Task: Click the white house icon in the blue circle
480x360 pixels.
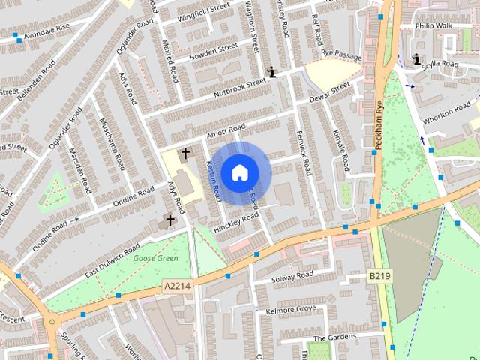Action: (239, 173)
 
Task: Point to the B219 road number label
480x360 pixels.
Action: (379, 276)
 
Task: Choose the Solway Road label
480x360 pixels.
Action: (292, 276)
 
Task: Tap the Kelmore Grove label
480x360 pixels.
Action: (291, 309)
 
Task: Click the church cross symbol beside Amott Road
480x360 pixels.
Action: (185, 154)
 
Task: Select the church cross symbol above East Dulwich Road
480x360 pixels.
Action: (171, 220)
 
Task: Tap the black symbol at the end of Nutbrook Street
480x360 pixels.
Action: (271, 72)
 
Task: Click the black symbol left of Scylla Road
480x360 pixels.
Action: (417, 58)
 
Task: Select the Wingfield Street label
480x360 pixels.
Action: (203, 11)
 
